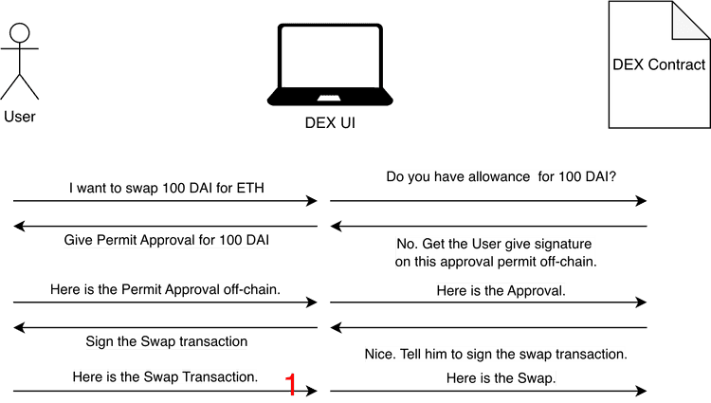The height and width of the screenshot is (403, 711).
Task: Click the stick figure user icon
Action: coord(20,62)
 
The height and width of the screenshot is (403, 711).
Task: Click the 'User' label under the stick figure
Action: coord(20,117)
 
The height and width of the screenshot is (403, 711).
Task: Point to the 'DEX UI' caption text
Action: coord(330,123)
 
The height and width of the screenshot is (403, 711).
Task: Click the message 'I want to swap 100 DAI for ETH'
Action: coord(167,188)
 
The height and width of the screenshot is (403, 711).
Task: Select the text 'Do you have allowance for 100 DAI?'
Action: coord(501,176)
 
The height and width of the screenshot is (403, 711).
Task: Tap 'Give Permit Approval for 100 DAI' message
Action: coord(167,240)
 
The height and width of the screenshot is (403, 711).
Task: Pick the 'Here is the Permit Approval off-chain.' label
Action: coord(165,289)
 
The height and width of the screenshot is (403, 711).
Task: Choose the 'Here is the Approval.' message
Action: coord(501,290)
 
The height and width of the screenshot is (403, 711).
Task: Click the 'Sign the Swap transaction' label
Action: coord(166,340)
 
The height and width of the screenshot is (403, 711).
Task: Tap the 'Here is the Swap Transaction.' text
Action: coord(166,376)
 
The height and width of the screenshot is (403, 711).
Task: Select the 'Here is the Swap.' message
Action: coord(501,377)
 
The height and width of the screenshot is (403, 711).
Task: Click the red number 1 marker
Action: coord(292,384)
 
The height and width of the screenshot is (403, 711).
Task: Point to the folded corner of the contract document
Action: coord(688,21)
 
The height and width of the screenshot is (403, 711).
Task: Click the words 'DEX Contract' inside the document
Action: coord(659,65)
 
